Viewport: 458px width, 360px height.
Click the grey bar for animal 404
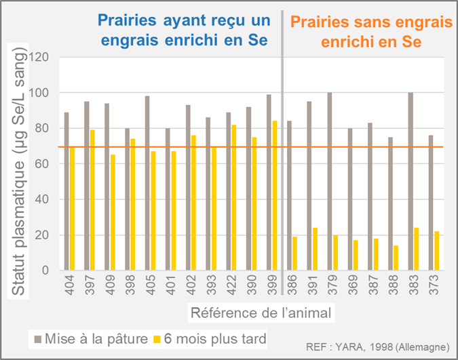pyautogui.click(x=66, y=191)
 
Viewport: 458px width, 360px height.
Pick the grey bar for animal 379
pyautogui.click(x=330, y=182)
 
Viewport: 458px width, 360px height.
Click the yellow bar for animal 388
pyautogui.click(x=396, y=258)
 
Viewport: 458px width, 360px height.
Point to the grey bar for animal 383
pyautogui.click(x=411, y=182)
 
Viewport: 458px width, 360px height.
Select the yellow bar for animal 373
pyautogui.click(x=436, y=251)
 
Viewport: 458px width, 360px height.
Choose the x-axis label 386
pyautogui.click(x=290, y=287)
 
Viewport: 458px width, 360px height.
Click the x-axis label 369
pyautogui.click(x=351, y=287)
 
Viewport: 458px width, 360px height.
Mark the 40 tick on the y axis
pyautogui.click(x=44, y=199)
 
